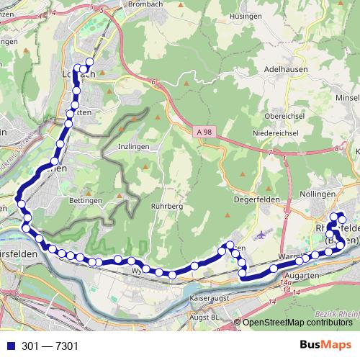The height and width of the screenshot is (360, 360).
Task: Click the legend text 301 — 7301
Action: pyautogui.click(x=50, y=346)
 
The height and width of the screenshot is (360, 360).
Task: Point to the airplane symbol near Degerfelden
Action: pyautogui.click(x=260, y=233)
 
